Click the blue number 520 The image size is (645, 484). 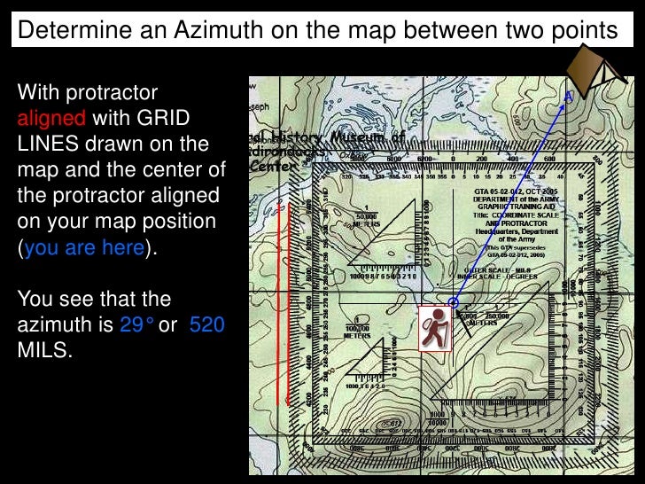tap(206, 324)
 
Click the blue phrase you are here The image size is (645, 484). tap(85, 247)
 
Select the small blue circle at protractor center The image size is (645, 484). tap(453, 303)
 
